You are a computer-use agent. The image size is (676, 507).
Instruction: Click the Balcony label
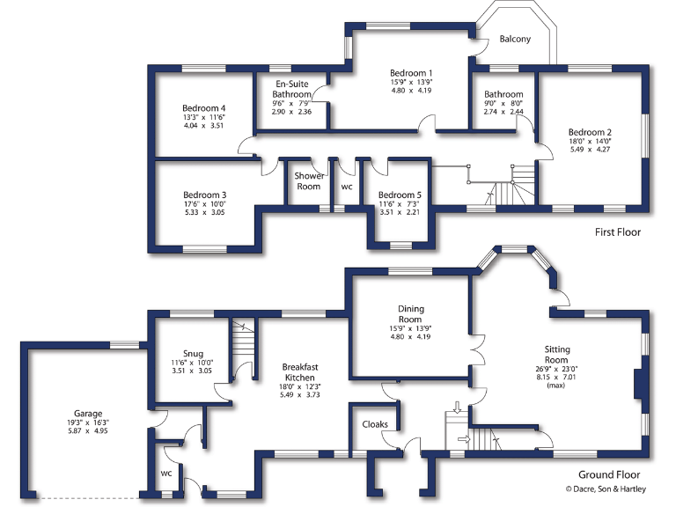coord(515,40)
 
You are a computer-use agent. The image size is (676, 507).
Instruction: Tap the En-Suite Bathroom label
coord(290,89)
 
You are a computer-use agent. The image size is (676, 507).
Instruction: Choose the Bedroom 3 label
coord(205,195)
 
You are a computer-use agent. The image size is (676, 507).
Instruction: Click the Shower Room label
coord(308,181)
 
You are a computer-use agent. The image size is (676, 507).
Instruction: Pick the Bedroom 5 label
coord(400,195)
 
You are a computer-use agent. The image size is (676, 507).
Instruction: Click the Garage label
coord(88,413)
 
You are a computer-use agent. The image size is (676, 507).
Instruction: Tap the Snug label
coord(193,351)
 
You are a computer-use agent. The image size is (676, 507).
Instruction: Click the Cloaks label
coord(375,424)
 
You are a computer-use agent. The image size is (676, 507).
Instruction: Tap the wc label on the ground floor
coord(166,473)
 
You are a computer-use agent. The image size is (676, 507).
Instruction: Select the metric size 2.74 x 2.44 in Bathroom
coord(503,113)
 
